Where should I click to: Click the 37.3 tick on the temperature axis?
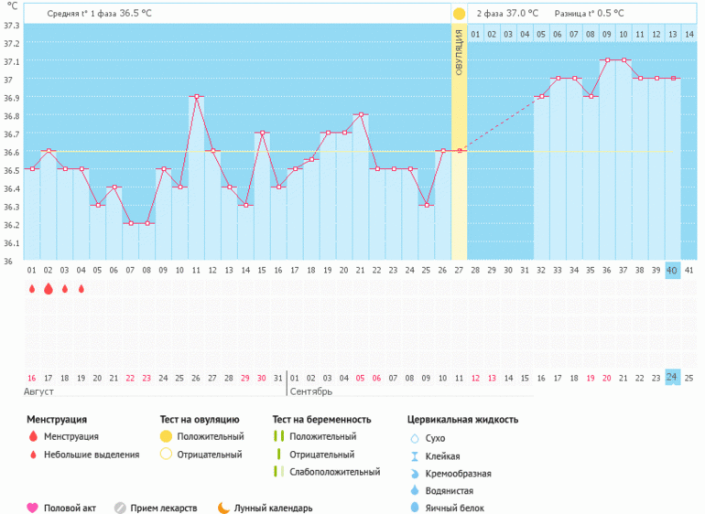pos(11,25)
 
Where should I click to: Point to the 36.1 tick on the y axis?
pos(11,243)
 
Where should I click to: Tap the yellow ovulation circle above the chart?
pos(459,14)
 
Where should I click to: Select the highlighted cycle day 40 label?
pos(672,270)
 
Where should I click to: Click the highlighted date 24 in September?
pos(672,378)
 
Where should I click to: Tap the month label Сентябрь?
pos(311,391)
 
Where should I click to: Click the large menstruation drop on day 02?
pos(48,289)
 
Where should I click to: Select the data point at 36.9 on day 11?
pos(196,96)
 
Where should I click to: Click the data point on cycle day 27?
pos(460,151)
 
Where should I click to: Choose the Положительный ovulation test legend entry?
pos(210,436)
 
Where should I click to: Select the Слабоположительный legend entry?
pos(333,472)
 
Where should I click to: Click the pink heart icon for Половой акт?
pos(32,508)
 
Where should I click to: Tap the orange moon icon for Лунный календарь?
pos(222,508)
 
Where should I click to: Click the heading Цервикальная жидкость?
pos(462,419)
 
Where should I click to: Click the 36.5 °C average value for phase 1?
pos(136,14)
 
